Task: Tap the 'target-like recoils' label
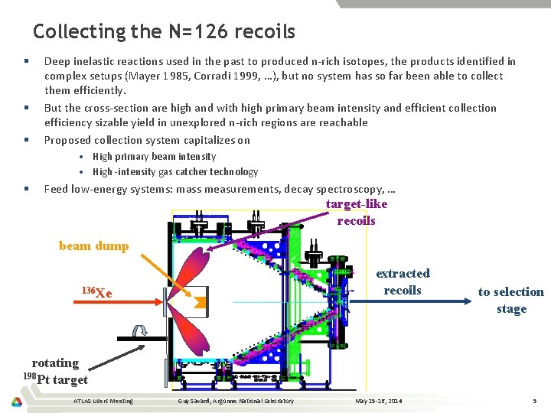[x=357, y=212]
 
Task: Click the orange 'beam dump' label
[x=93, y=246]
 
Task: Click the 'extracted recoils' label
[x=403, y=281]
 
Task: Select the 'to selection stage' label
[x=511, y=300]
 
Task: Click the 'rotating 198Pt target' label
[x=57, y=371]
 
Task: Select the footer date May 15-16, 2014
[x=378, y=401]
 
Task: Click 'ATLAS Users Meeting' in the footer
[x=103, y=401]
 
